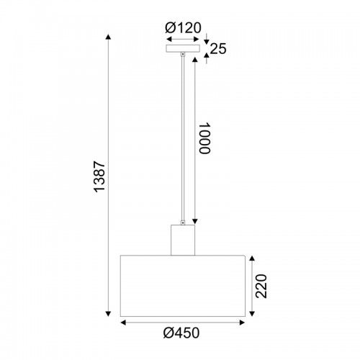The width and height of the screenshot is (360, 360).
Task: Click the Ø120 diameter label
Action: (x=183, y=28)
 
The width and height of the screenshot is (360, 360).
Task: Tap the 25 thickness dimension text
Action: (x=218, y=49)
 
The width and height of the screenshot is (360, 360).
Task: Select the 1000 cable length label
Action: (x=204, y=138)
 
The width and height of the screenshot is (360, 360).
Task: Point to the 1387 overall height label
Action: (x=99, y=176)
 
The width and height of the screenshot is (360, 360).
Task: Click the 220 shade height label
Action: (x=261, y=286)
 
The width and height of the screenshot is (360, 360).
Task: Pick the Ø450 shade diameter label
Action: (x=181, y=333)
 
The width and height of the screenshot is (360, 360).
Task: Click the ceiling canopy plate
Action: (x=183, y=48)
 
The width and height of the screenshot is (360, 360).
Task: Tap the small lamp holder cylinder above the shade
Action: (x=183, y=240)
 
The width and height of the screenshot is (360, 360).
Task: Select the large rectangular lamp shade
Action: (x=183, y=286)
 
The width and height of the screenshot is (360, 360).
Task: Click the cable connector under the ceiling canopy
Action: (x=183, y=55)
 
